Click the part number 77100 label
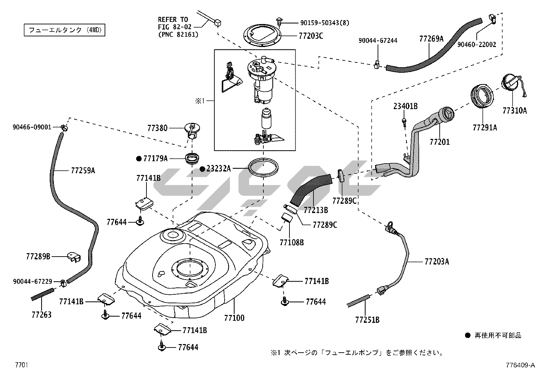(x=234, y=318)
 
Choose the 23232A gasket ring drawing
(x=263, y=168)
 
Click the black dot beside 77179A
(x=139, y=158)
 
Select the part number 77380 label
(x=157, y=128)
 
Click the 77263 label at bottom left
(x=41, y=315)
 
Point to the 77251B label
(x=367, y=320)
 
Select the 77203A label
(x=437, y=262)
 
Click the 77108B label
(x=292, y=243)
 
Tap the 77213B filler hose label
(x=316, y=210)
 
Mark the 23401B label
(x=405, y=107)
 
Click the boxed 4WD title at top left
(x=64, y=30)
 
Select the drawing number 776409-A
(x=520, y=365)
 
